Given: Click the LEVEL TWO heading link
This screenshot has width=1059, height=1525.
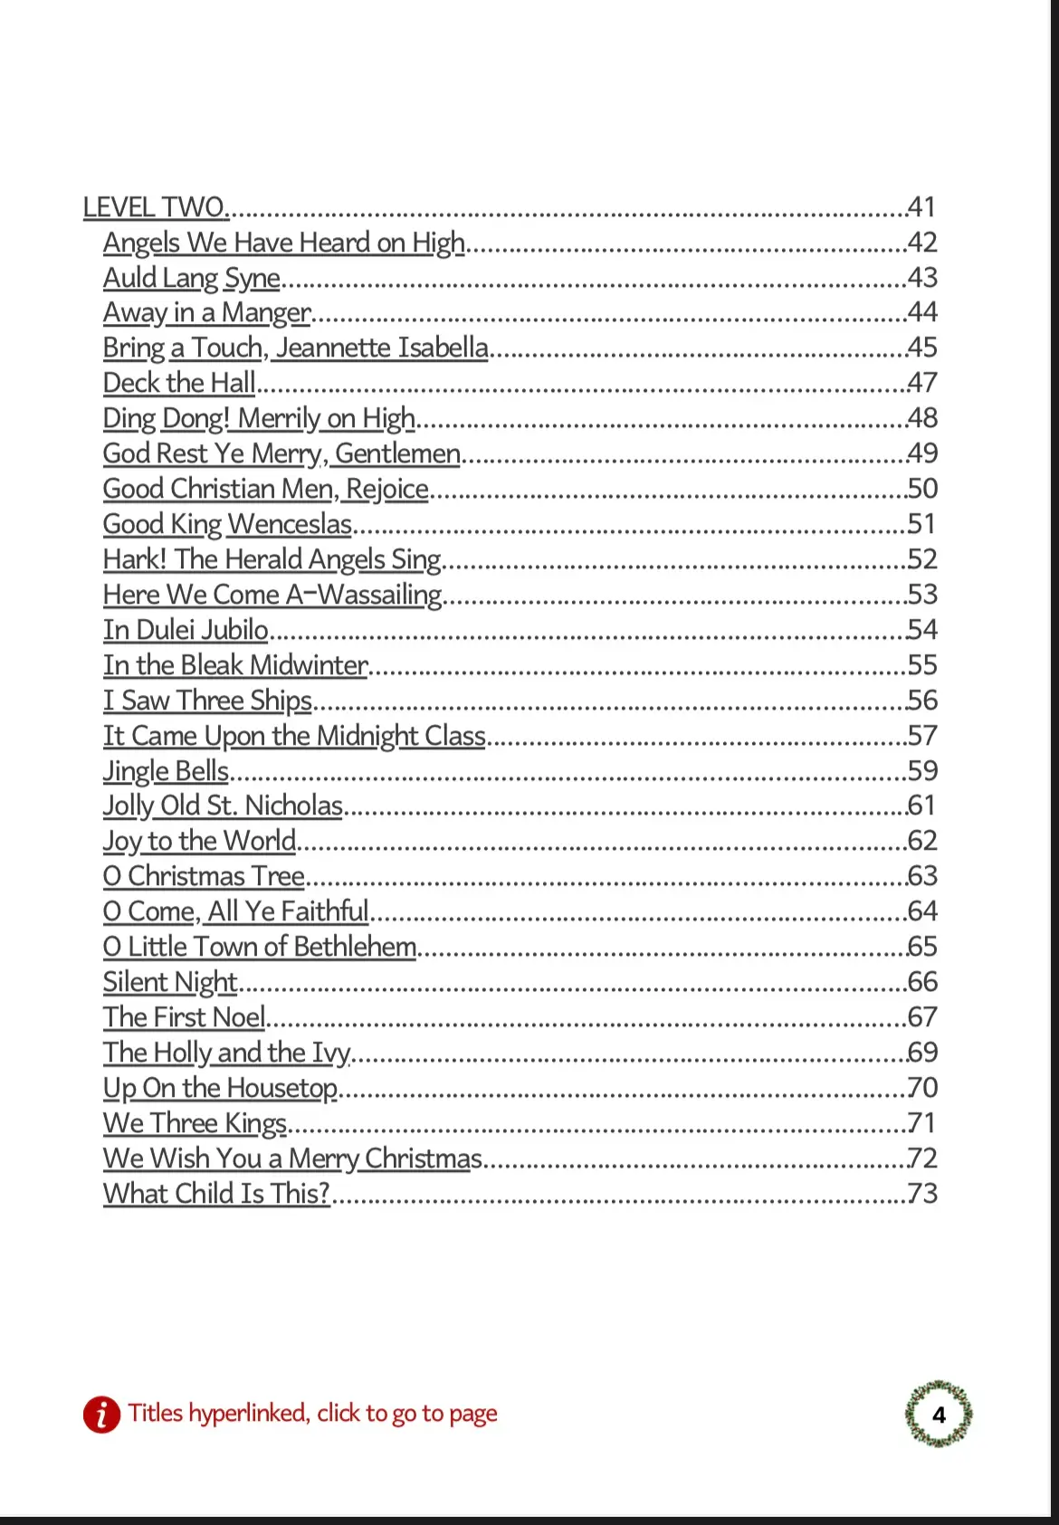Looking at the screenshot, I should tap(155, 207).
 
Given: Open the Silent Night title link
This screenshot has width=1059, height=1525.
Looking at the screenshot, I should tap(170, 982).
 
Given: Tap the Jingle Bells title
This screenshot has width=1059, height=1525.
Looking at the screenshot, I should tap(166, 771).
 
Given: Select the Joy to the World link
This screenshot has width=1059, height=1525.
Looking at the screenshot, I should tap(199, 842).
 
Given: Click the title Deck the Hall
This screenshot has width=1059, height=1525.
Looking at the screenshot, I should tap(179, 383).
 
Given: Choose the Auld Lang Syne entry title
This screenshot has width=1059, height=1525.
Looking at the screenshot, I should tap(191, 278).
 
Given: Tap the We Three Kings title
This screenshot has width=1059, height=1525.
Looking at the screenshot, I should tap(195, 1123).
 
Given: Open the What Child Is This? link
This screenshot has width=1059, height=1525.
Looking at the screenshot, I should tap(216, 1194).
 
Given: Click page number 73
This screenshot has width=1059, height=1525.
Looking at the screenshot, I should tap(922, 1194).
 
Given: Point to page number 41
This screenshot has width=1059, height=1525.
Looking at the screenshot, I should tap(921, 207).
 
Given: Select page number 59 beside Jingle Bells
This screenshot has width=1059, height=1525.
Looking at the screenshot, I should tap(922, 771).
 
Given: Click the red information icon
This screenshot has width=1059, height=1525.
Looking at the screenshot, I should tap(101, 1414).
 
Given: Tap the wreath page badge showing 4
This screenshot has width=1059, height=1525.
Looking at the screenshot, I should tap(939, 1414).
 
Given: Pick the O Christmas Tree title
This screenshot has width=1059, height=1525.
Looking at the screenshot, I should tap(204, 876).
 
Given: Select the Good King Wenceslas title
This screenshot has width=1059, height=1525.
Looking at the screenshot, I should tap(227, 524).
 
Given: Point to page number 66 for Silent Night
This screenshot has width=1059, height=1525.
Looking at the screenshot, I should tap(922, 982).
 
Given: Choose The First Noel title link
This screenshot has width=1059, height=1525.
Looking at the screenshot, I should tap(184, 1017).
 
